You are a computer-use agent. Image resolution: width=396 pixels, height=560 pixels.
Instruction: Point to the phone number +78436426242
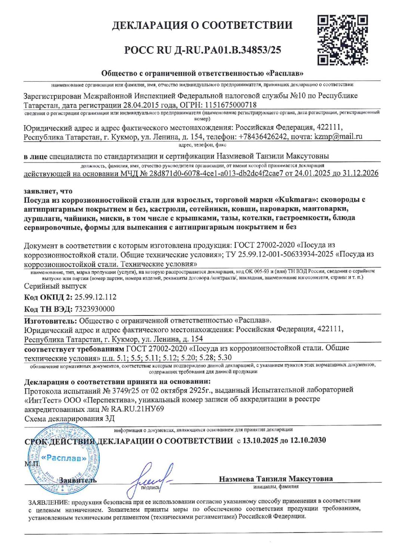point(263,136)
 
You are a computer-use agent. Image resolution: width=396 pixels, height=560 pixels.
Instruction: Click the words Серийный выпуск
point(55,286)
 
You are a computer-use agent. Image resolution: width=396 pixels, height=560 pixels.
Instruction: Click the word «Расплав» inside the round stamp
point(64,458)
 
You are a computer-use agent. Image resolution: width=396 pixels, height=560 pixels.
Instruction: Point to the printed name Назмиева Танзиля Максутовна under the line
point(276,479)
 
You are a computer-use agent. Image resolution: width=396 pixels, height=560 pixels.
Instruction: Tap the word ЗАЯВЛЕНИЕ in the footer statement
point(48,501)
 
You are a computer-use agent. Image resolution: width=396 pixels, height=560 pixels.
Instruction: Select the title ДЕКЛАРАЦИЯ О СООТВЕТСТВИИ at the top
point(203,26)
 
